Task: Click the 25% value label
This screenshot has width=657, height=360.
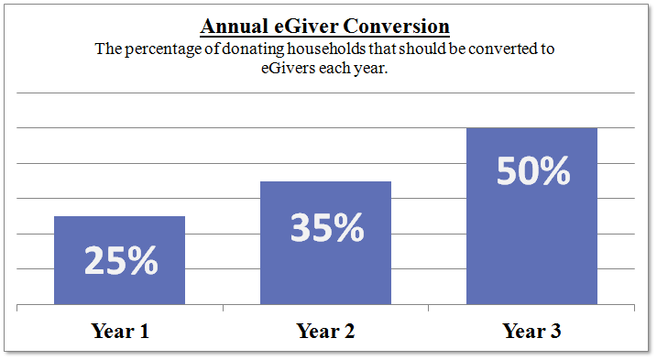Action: pyautogui.click(x=121, y=261)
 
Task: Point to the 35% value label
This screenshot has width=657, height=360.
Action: pyautogui.click(x=327, y=227)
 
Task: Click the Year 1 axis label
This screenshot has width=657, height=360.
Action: pyautogui.click(x=120, y=331)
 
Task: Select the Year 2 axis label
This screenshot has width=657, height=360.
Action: pyautogui.click(x=325, y=331)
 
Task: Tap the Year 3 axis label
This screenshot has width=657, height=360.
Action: pyautogui.click(x=531, y=331)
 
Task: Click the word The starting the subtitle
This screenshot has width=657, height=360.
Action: pyautogui.click(x=109, y=49)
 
